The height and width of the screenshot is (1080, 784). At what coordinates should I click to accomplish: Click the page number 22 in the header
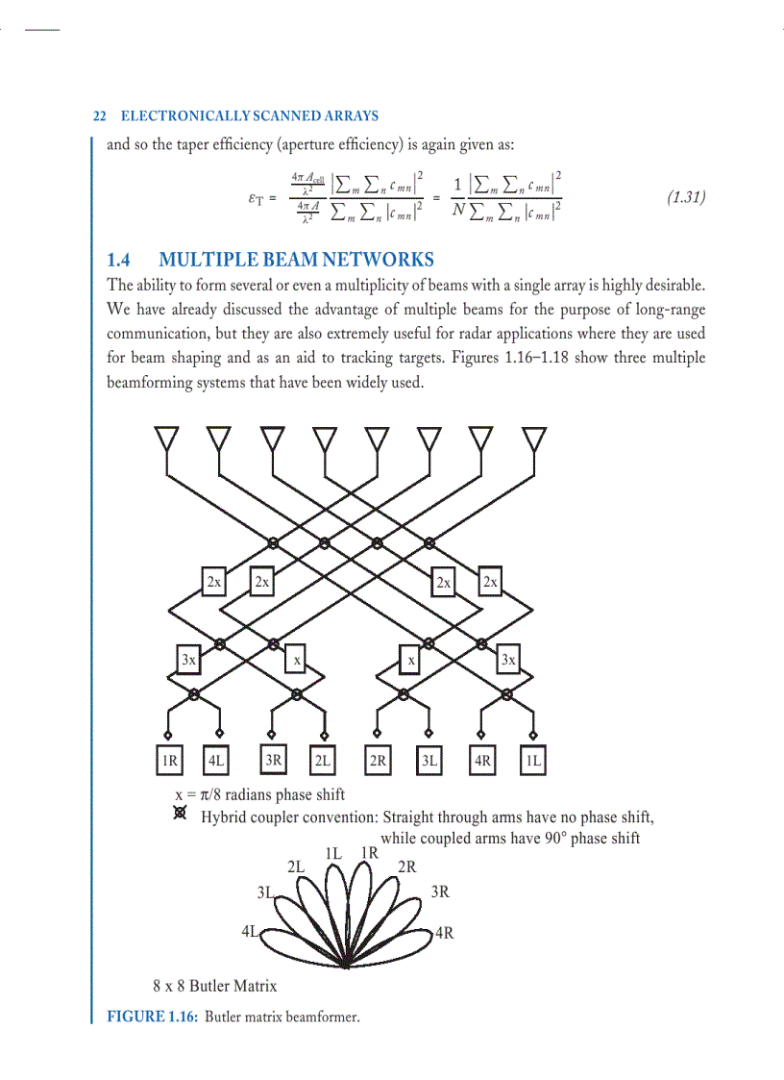[x=98, y=116]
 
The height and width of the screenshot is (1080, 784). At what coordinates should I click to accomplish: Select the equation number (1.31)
[x=686, y=198]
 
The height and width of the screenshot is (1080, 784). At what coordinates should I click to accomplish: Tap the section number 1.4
[x=121, y=260]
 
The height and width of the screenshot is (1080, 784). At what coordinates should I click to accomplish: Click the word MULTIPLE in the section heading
[x=202, y=260]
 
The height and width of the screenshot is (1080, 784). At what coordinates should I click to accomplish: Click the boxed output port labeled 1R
[x=169, y=761]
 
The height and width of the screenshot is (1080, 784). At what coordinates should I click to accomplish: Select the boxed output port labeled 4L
[x=217, y=761]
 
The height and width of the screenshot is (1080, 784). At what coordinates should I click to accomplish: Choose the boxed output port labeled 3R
[x=274, y=761]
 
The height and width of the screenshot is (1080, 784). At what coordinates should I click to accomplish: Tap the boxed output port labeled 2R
[x=378, y=761]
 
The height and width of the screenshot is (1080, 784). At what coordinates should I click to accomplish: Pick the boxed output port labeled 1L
[x=533, y=761]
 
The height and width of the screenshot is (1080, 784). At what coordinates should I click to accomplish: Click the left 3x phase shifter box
[x=189, y=660]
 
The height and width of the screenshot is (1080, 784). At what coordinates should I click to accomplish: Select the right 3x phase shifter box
[x=508, y=660]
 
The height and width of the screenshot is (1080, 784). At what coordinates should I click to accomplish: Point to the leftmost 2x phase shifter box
[x=214, y=582]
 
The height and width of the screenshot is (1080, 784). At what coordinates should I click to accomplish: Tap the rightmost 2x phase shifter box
[x=490, y=582]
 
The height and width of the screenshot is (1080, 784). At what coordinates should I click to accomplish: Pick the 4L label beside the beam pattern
[x=252, y=931]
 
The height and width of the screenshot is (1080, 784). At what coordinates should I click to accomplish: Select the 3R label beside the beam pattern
[x=440, y=892]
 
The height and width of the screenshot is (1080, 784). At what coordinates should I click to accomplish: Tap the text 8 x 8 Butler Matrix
[x=214, y=986]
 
